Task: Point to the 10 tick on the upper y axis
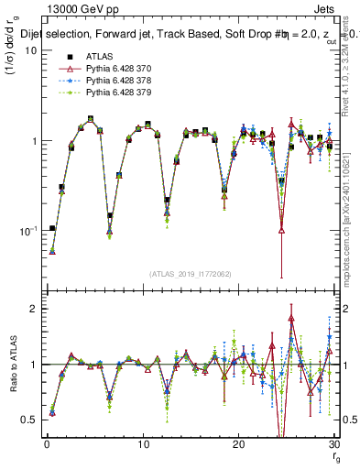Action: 30,49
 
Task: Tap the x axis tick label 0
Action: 47,444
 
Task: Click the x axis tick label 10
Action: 143,444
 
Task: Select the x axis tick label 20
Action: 239,444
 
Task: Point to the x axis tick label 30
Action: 334,444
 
